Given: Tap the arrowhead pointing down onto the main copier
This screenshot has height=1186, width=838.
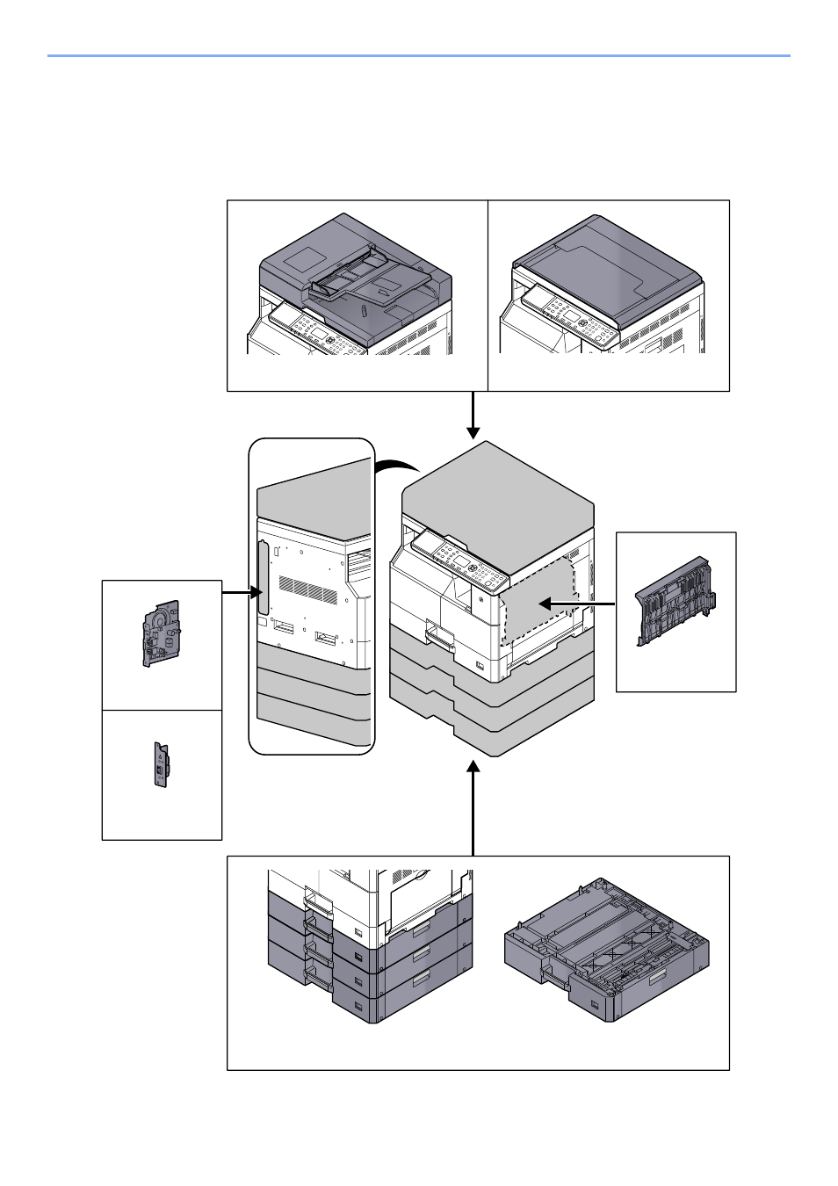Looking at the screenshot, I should (473, 431).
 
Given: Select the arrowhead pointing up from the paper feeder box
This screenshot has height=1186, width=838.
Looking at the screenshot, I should (473, 768).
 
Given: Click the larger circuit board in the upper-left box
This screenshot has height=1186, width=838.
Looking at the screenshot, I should (161, 633).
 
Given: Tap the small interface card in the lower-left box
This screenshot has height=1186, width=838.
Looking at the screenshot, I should (161, 764).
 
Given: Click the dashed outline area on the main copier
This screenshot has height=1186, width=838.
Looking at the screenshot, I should (538, 606).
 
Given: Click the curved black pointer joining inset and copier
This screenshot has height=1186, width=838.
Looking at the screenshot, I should (397, 465).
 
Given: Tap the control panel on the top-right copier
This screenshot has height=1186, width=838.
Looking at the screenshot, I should (570, 317).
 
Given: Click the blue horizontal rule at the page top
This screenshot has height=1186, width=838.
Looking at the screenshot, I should (419, 56).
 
